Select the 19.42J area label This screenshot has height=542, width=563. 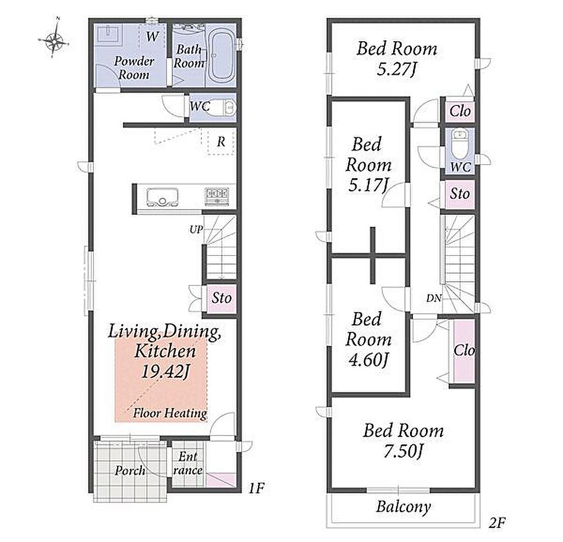pyautogui.click(x=165, y=372)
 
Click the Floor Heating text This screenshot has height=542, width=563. pyautogui.click(x=170, y=413)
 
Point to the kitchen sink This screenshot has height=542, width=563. pyautogui.click(x=163, y=197)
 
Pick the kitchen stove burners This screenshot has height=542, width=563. pyautogui.click(x=217, y=197)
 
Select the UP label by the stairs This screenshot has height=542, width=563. pyautogui.click(x=196, y=229)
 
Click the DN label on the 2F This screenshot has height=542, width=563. pyautogui.click(x=433, y=298)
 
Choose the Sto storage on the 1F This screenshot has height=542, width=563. pyautogui.click(x=221, y=298)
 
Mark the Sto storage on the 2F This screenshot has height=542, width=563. pyautogui.click(x=460, y=194)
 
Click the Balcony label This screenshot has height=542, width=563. pyautogui.click(x=403, y=507)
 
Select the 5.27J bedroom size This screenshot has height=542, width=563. pyautogui.click(x=396, y=69)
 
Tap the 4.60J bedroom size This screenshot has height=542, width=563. pyautogui.click(x=368, y=360)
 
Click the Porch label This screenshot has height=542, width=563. pyautogui.click(x=130, y=470)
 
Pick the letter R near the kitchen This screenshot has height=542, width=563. pyautogui.click(x=221, y=142)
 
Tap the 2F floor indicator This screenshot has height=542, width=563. pyautogui.click(x=497, y=523)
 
